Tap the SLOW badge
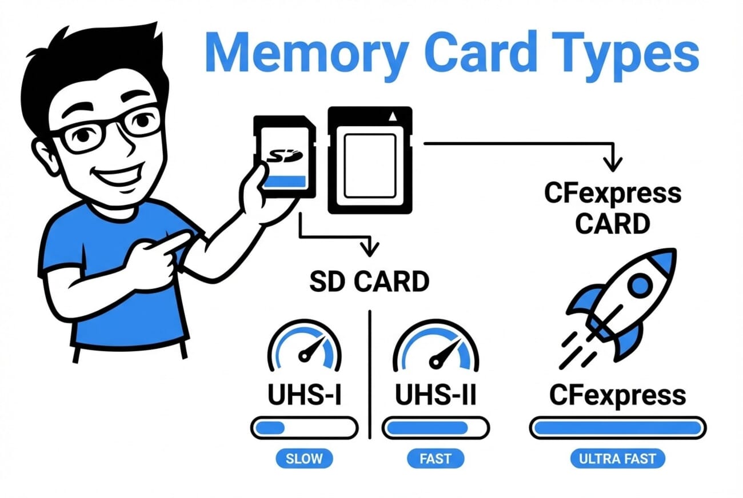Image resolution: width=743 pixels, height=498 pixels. point(303,458)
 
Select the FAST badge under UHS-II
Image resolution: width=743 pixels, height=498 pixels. point(436,458)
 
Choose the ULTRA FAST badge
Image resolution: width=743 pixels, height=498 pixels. point(618,458)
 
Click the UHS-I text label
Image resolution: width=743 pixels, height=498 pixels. point(304,395)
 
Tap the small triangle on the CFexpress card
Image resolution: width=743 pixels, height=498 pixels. point(392,118)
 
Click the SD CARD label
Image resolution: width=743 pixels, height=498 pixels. point(369,282)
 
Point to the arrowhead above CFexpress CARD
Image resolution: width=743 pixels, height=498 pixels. point(613,166)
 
